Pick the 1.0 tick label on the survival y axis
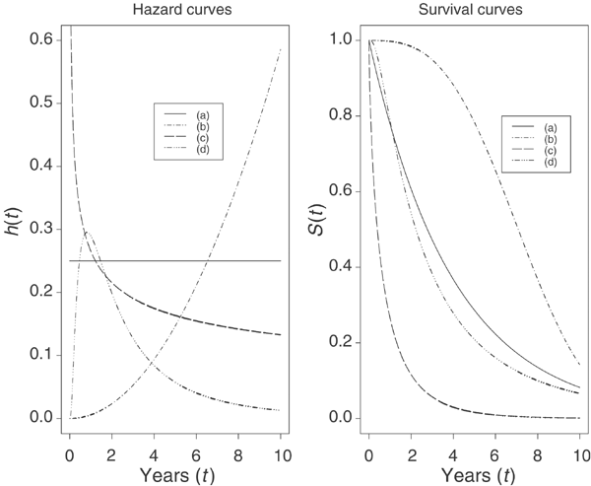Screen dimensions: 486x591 pyautogui.click(x=339, y=39)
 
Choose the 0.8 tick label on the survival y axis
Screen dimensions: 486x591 pyautogui.click(x=339, y=115)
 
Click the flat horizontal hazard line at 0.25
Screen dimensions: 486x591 pyautogui.click(x=197, y=261)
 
